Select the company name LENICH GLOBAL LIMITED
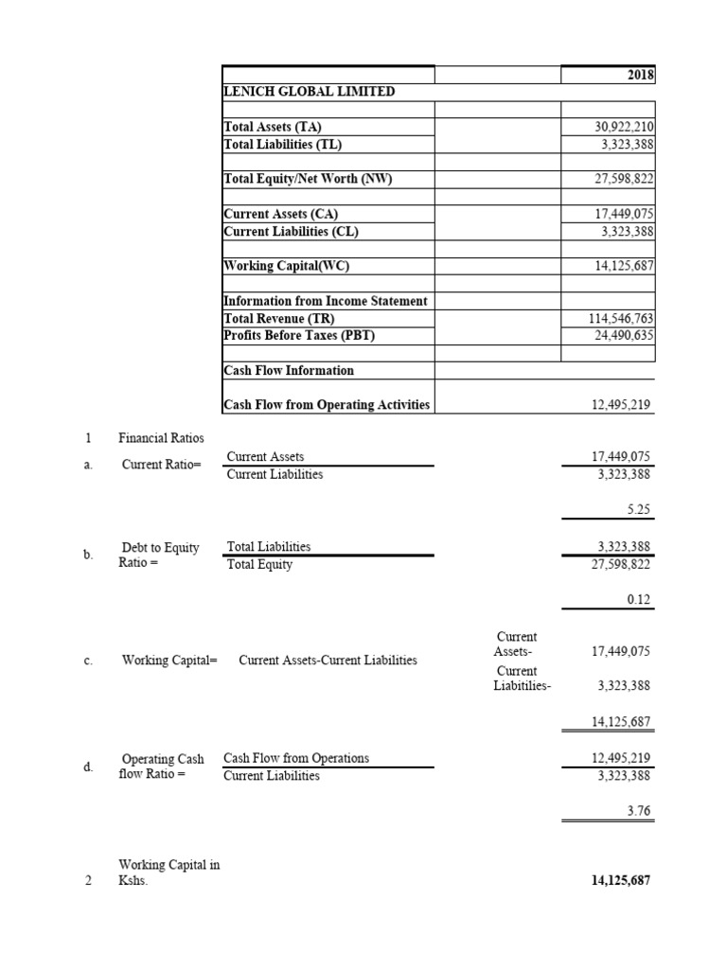[x=309, y=92]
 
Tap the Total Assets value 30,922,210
[x=621, y=127]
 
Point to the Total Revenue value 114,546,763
[x=621, y=318]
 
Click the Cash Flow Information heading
[x=289, y=370]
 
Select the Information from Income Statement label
[x=326, y=301]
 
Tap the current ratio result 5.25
[x=638, y=509]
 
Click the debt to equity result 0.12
[x=638, y=599]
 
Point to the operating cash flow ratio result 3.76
[x=638, y=811]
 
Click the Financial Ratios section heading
[x=161, y=438]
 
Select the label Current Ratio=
[x=162, y=465]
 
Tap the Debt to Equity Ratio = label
[x=160, y=555]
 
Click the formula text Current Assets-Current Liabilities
[x=328, y=660]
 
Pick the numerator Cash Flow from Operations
[x=296, y=758]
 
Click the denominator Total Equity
[x=260, y=565]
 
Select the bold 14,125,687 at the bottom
[x=620, y=881]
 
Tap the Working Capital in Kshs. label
[x=168, y=872]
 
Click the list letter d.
[x=87, y=767]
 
